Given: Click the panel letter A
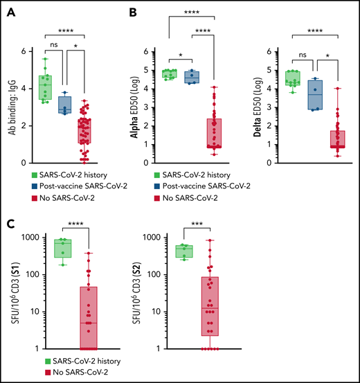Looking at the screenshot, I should (x=10, y=10).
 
